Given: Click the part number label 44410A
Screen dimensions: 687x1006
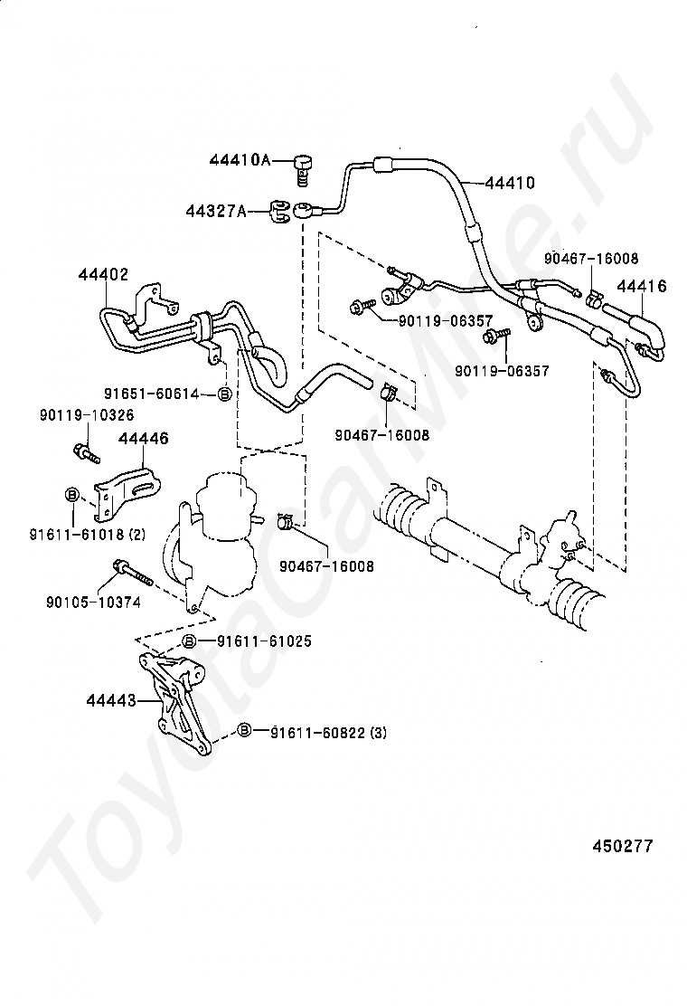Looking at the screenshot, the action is coord(240,160).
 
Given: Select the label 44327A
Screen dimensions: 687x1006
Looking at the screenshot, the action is coord(216,210).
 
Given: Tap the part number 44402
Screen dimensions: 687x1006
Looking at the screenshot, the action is coord(103,275).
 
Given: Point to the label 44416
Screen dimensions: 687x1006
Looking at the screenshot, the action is coord(642,286).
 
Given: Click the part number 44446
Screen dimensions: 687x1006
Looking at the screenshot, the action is coord(143,438).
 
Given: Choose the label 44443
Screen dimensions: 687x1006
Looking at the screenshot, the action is coord(111,700).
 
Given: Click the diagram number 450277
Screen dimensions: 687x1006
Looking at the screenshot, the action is coord(622,846).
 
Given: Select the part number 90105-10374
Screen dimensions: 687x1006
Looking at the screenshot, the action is coord(94,602).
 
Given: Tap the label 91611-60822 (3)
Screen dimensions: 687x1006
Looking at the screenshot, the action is coord(328,732).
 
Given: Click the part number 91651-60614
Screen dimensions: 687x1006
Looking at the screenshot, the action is coord(152,394).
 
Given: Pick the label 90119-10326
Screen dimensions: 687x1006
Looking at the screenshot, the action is coord(87,415).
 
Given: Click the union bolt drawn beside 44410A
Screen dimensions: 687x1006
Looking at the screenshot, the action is coord(303,170).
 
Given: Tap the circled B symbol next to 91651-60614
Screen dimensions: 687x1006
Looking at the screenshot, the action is coord(224,394).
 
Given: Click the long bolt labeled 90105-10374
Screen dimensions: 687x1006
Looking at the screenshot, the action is coord(132,574).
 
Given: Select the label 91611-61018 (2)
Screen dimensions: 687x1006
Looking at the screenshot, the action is coord(87,533).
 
